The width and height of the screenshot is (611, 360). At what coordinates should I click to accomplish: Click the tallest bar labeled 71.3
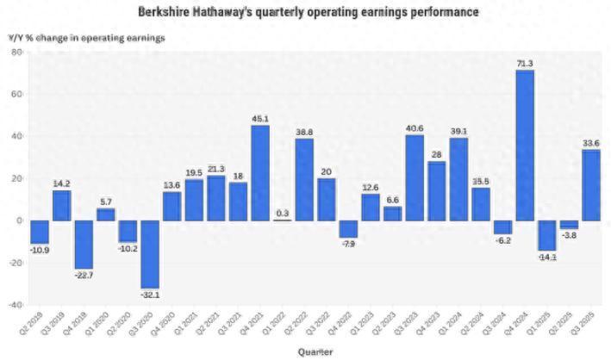point(524,145)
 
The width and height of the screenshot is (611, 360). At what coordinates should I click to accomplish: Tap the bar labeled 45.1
point(260,172)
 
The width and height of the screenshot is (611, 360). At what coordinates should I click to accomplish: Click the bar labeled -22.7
point(84,244)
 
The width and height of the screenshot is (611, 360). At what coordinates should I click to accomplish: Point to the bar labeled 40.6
point(415,177)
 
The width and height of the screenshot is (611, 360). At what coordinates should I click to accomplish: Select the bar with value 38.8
point(304,179)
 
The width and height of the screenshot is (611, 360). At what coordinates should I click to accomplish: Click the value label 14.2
point(61,183)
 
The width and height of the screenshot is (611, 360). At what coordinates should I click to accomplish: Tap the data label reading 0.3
point(283,212)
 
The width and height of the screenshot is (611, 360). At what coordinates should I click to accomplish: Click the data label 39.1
point(458,131)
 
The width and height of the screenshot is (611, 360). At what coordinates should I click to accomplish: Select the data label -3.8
point(569,235)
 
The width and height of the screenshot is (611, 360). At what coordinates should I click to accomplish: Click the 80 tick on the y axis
point(16,53)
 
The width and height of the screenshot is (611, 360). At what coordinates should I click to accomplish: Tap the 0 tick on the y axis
point(19,220)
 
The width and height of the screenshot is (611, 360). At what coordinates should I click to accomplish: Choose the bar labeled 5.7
point(105,214)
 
